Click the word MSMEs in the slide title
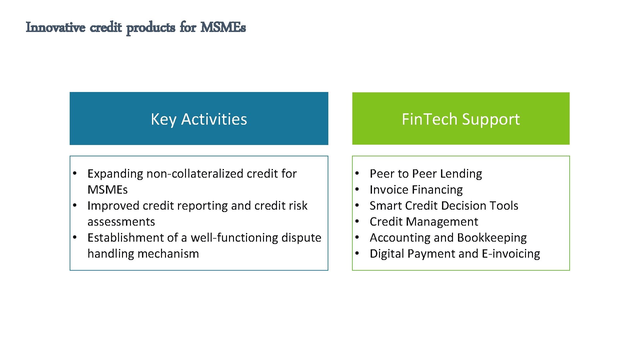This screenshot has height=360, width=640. (223, 27)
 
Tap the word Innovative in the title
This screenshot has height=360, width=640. (55, 27)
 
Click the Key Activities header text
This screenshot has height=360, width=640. (199, 119)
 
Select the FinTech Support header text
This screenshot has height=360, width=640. (461, 119)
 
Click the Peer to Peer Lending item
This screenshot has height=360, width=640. (426, 174)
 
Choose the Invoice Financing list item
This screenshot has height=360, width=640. (416, 190)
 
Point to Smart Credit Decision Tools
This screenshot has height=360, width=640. (444, 206)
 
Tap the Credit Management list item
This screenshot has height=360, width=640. (424, 222)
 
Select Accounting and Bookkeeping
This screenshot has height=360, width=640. (448, 238)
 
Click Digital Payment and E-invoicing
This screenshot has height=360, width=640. (455, 254)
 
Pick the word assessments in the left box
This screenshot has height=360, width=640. (121, 222)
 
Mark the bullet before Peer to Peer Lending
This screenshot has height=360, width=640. (357, 173)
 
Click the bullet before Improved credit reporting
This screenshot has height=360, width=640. (75, 205)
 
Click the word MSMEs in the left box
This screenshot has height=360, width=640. (107, 190)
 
